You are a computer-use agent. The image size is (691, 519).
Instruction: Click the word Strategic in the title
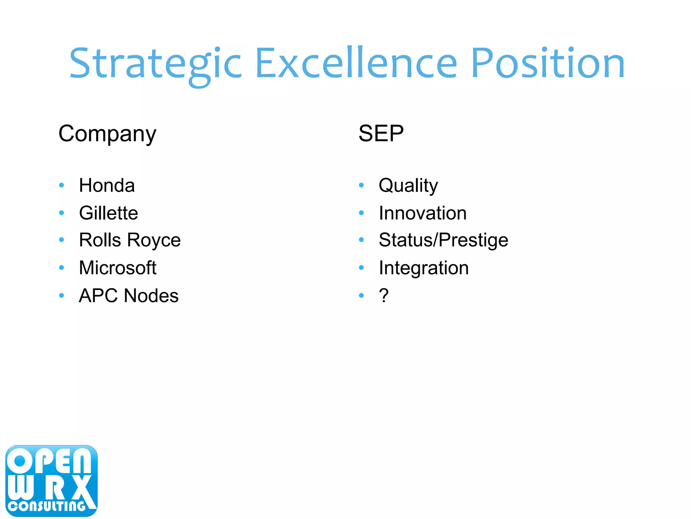pyautogui.click(x=155, y=64)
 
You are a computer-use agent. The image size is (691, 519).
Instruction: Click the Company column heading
pyautogui.click(x=107, y=134)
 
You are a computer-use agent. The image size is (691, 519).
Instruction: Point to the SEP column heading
pyautogui.click(x=381, y=133)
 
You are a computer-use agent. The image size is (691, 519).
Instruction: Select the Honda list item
pyautogui.click(x=107, y=185)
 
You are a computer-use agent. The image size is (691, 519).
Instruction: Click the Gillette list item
pyautogui.click(x=108, y=213)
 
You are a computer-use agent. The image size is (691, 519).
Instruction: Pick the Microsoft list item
pyautogui.click(x=117, y=268)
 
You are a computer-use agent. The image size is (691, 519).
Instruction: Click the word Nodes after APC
pyautogui.click(x=151, y=296)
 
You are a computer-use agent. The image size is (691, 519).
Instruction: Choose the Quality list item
pyautogui.click(x=408, y=186)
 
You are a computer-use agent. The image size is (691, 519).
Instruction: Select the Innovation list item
pyautogui.click(x=423, y=213)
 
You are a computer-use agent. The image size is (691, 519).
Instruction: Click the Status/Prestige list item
pyautogui.click(x=443, y=240)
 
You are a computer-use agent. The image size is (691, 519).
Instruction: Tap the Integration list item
pyautogui.click(x=424, y=268)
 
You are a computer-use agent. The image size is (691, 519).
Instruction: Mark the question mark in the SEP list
pyautogui.click(x=384, y=295)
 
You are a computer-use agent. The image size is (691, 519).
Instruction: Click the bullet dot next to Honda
pyautogui.click(x=61, y=185)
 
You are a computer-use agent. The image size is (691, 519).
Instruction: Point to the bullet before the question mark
pyautogui.click(x=361, y=296)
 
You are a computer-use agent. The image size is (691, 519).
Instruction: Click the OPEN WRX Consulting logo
pyautogui.click(x=51, y=481)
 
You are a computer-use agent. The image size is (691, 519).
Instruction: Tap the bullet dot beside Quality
pyautogui.click(x=361, y=185)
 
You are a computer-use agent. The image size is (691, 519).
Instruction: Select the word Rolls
pyautogui.click(x=100, y=240)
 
